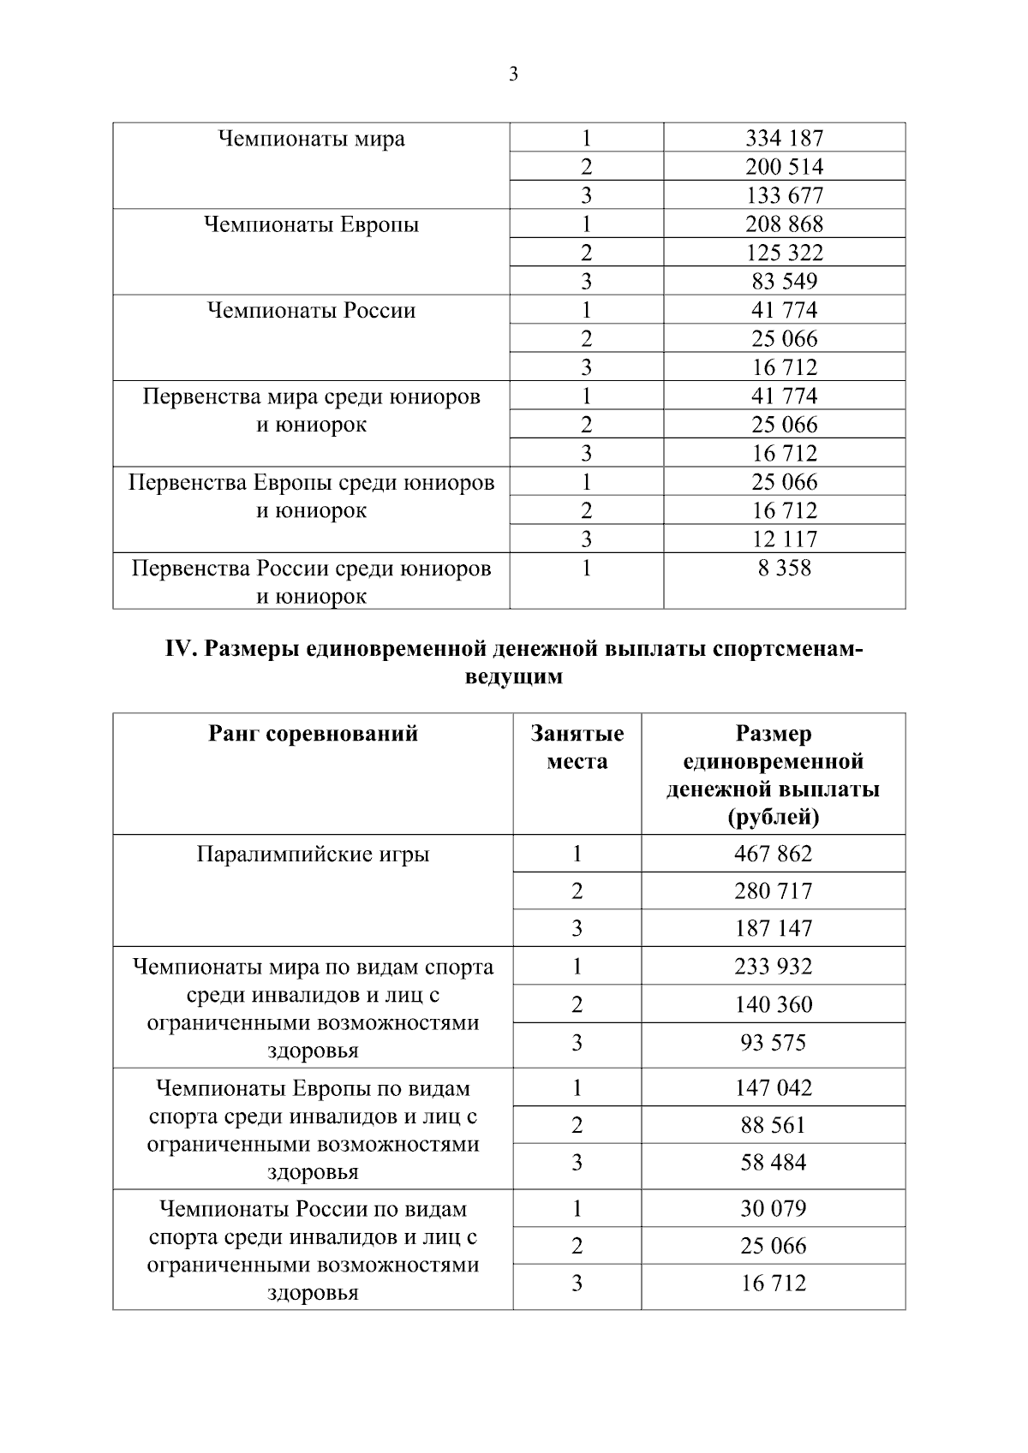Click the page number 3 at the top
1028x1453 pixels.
pos(513,74)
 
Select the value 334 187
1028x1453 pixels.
pos(784,138)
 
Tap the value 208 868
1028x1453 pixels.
pos(784,224)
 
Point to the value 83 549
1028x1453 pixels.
pos(784,281)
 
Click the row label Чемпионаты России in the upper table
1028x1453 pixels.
pos(311,310)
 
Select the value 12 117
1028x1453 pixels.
pos(784,539)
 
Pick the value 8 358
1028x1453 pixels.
pos(784,568)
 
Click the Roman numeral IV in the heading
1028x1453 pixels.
pos(182,650)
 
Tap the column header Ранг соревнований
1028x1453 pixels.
pos(313,734)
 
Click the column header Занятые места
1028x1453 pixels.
pos(577,747)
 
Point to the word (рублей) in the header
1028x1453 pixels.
pos(773,817)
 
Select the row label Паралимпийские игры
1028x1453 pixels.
pos(313,855)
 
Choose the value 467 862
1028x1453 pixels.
pos(773,854)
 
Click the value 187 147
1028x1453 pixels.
pos(773,928)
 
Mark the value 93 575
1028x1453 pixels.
pos(773,1043)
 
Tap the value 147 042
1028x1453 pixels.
pos(773,1088)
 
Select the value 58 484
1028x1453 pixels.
pos(773,1163)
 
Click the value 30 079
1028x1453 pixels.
pos(773,1209)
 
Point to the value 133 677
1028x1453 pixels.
pos(784,195)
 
